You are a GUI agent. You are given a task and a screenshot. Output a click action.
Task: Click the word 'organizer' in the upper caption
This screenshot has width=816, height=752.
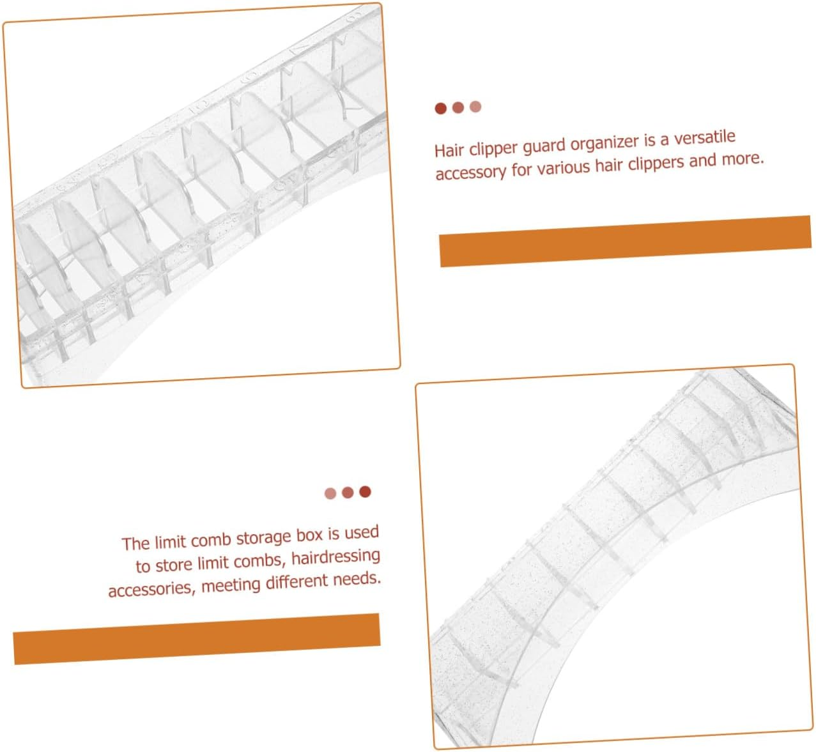(x=605, y=144)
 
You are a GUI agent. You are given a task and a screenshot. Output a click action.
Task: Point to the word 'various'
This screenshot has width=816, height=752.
(x=563, y=167)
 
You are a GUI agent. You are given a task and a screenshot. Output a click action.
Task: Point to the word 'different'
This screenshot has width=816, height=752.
(x=296, y=581)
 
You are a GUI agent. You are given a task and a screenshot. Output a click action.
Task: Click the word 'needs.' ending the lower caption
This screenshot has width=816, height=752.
(x=357, y=579)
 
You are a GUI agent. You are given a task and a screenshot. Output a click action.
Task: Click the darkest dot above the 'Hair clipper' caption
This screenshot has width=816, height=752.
(x=440, y=109)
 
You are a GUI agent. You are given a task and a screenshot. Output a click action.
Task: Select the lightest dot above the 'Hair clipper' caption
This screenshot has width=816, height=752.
(x=475, y=107)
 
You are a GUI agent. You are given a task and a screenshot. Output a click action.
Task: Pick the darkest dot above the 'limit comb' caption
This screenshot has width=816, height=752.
(x=365, y=491)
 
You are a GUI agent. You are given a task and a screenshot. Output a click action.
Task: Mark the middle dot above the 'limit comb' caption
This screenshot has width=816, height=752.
(x=348, y=493)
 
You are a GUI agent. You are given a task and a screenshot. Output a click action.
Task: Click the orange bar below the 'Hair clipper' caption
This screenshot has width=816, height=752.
(x=626, y=242)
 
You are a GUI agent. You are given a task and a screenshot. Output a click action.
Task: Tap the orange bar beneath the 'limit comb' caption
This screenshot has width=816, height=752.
(x=197, y=639)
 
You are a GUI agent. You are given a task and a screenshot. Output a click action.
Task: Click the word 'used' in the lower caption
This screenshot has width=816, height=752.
(x=362, y=533)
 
